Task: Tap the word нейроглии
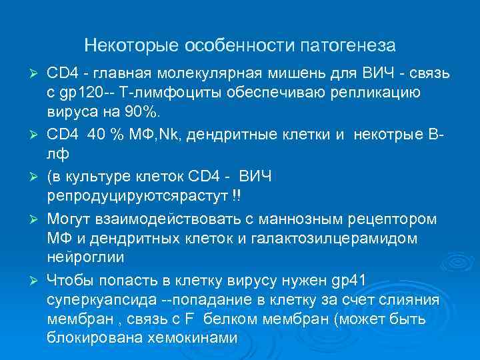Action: click(x=81, y=256)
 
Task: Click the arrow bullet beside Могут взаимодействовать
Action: click(x=37, y=219)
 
